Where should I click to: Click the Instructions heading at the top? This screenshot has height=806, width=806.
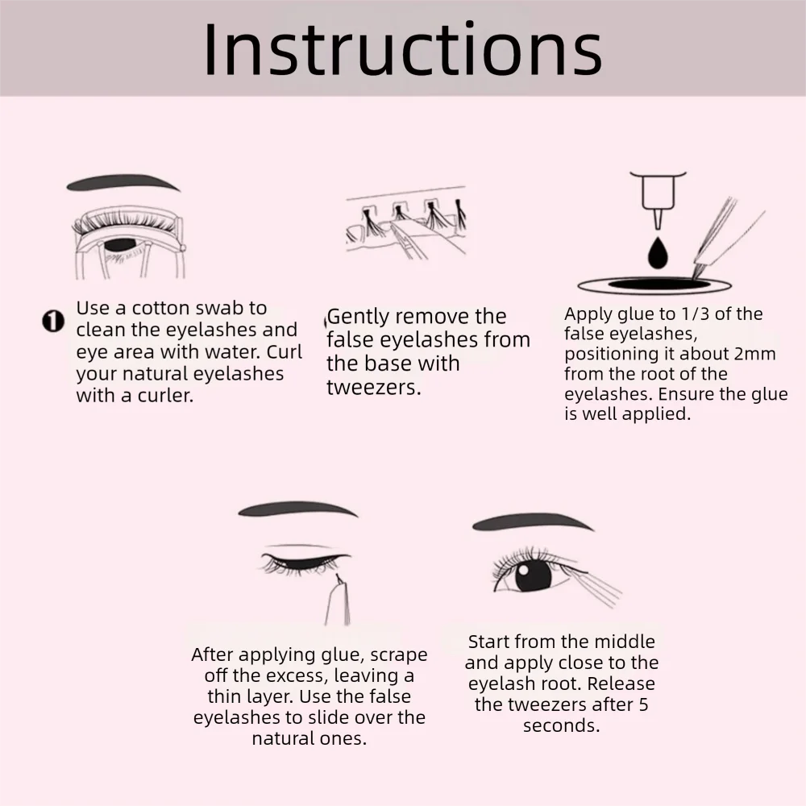coord(402,49)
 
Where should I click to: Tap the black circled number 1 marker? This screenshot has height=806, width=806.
coord(53,322)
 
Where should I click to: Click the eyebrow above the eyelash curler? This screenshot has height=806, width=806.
coord(123,182)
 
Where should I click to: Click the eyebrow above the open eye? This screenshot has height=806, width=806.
coord(533,521)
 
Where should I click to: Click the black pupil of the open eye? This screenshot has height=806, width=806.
coord(533,574)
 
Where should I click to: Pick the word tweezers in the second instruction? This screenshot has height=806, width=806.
coord(374,387)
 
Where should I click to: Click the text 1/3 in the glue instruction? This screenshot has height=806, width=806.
coord(683,314)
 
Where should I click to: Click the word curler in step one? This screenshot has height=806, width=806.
coord(165,395)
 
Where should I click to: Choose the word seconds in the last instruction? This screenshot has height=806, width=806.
coord(561,725)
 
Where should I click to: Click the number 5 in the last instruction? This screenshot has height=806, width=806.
coord(643,704)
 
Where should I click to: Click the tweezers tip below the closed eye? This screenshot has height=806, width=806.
coord(338,577)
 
